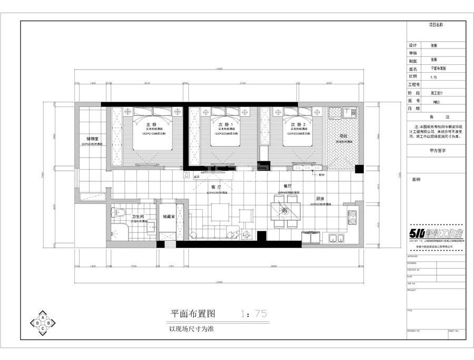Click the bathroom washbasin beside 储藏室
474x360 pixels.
pyautogui.click(x=150, y=227)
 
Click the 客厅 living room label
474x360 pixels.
pyautogui.click(x=215, y=187)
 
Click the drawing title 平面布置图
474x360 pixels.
pyautogui.click(x=191, y=314)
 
